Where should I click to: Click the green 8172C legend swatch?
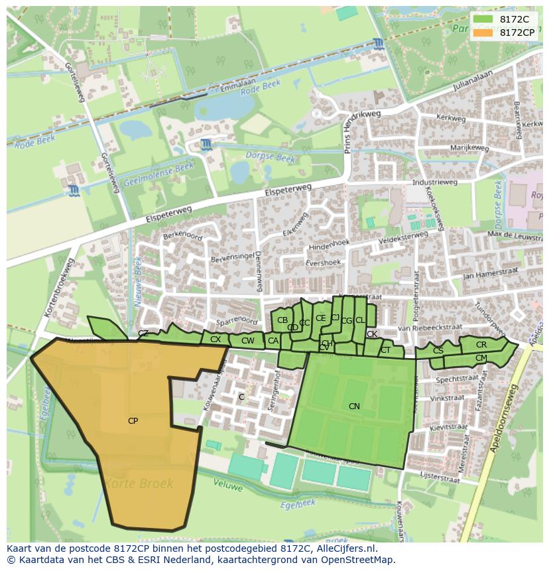(x=483, y=20)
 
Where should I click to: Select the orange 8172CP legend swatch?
(x=483, y=32)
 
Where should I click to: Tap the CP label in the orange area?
(x=133, y=421)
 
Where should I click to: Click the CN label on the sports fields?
(x=354, y=406)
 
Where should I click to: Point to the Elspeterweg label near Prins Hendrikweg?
(x=287, y=190)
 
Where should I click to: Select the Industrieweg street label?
(x=434, y=182)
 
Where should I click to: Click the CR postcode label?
(x=481, y=345)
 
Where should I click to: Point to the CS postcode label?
(x=438, y=351)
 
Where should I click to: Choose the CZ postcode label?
(x=143, y=334)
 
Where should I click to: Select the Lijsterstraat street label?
(x=440, y=477)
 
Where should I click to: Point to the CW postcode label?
(x=248, y=341)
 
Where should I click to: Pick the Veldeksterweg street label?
(x=402, y=236)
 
